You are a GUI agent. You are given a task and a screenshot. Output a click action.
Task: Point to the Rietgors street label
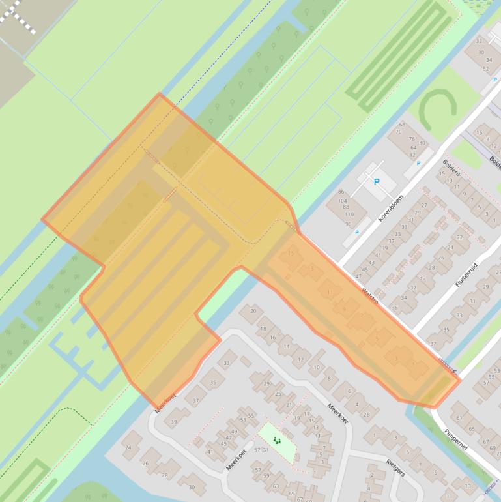tap(395, 467)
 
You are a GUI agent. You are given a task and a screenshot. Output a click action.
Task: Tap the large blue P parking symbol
tap(376, 182)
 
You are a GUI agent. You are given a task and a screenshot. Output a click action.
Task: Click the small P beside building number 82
tap(418, 164)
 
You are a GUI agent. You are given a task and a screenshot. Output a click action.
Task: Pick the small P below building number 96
tap(356, 233)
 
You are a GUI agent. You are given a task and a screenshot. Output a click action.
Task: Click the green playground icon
tap(277, 441)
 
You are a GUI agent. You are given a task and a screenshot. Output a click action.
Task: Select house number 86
tap(341, 192)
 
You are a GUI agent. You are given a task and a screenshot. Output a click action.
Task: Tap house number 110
tap(349, 214)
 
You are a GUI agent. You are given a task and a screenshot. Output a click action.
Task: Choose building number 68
tap(401, 124)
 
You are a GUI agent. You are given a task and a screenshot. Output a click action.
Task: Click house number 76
tap(412, 139)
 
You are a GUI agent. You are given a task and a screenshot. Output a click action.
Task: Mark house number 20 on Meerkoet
tap(252, 311)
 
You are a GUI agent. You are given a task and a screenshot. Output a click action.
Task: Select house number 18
tap(263, 329)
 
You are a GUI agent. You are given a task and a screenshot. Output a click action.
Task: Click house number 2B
tap(366, 415)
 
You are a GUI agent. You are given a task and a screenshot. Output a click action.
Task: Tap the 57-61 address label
tap(261, 450)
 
